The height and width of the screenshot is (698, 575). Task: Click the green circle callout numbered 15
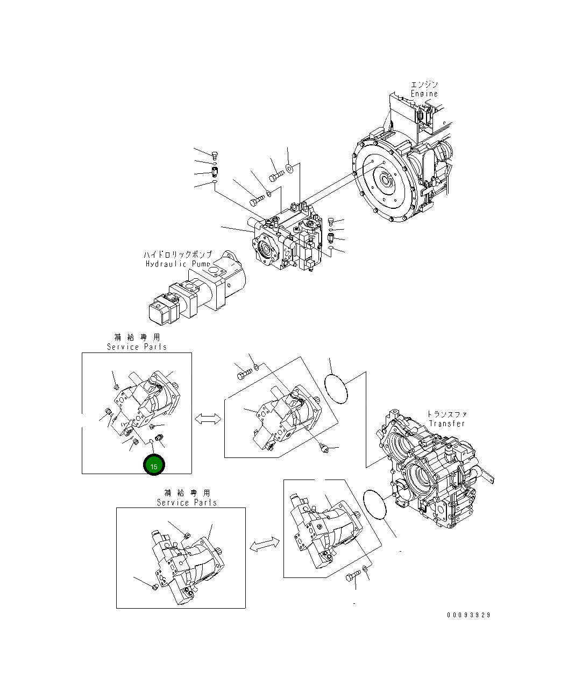[154, 466]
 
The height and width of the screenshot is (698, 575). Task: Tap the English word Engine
[424, 94]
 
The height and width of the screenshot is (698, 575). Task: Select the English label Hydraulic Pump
[178, 264]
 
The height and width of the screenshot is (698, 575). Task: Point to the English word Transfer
[446, 424]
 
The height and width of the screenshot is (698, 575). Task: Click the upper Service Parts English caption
[137, 347]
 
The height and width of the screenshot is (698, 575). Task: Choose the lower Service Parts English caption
[187, 503]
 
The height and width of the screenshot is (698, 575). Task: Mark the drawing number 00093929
[468, 615]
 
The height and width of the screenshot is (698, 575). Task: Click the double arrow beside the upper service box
[208, 419]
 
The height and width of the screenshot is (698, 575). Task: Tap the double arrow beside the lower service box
[264, 545]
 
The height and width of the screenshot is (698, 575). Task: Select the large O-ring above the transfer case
[336, 383]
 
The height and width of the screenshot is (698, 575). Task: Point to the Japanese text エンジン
[424, 84]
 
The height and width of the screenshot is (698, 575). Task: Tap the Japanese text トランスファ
[446, 414]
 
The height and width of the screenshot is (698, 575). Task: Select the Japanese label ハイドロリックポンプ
[178, 255]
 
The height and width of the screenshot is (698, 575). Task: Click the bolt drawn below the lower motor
[352, 579]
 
